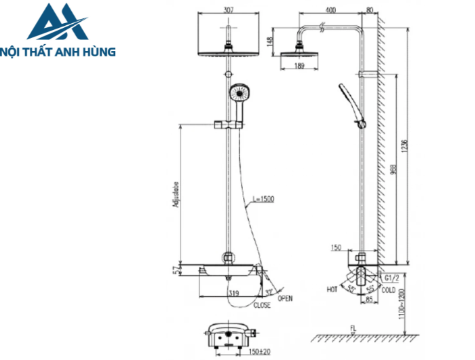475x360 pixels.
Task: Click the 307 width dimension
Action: coord(229,10)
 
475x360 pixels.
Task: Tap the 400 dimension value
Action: coord(331,10)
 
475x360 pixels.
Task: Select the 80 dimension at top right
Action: coord(369,10)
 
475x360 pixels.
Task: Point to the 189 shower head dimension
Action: coord(299,66)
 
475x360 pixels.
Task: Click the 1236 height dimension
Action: coord(404,145)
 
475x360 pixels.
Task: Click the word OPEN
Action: coord(285,298)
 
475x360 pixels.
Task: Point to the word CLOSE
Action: coord(263,306)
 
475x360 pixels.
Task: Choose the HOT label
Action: coord(332,289)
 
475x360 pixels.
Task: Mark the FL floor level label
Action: coord(353,329)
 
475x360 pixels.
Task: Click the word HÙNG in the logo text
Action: coord(99,50)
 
